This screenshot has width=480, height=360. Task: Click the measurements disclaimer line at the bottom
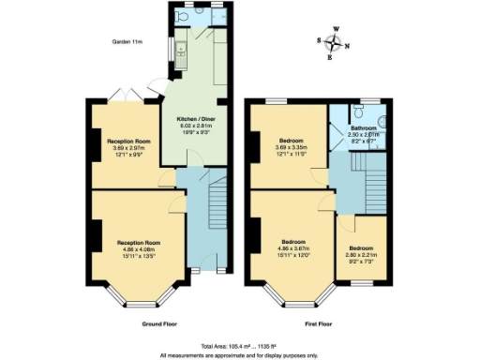tap(240, 355)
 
